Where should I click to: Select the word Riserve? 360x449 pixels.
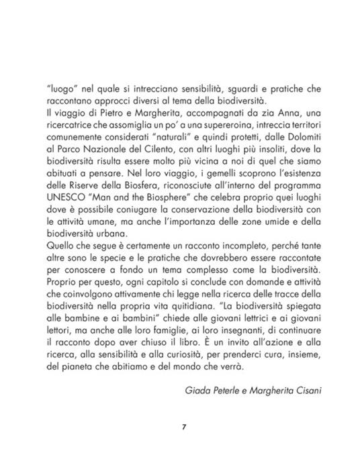(83, 186)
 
